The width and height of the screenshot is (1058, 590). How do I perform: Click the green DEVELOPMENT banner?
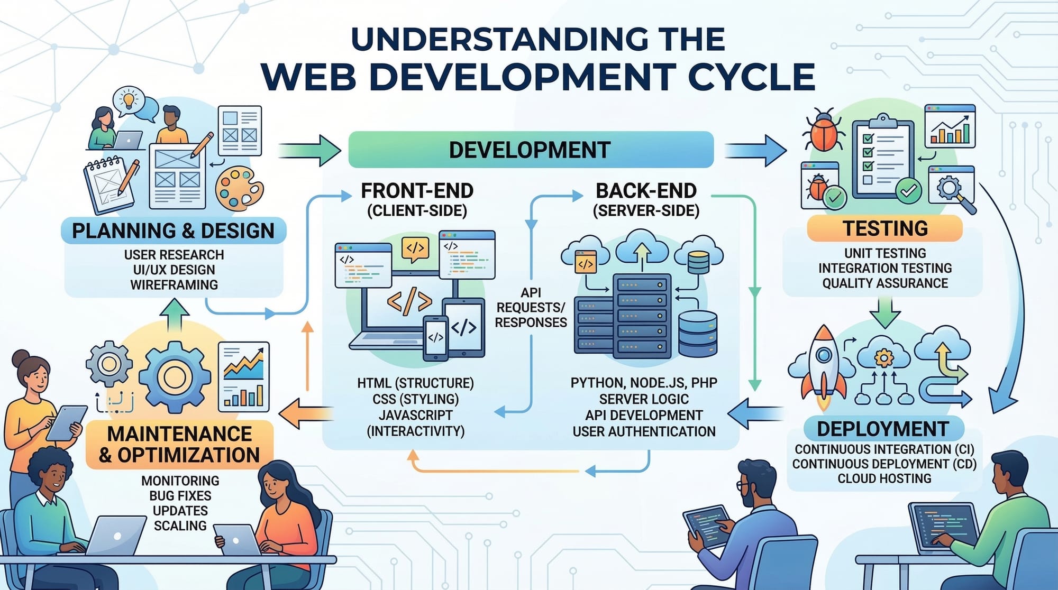(x=531, y=150)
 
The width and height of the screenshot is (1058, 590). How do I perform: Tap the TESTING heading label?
(x=884, y=228)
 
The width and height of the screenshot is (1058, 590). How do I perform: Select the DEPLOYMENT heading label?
(x=883, y=429)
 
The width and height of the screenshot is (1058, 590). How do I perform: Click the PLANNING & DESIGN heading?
(x=174, y=231)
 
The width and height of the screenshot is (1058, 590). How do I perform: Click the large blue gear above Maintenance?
(x=175, y=376)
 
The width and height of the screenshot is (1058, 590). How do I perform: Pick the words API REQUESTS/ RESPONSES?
(x=531, y=308)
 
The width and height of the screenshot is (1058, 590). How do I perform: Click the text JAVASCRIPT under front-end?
(x=416, y=415)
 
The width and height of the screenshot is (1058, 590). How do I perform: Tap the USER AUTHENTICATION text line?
(x=644, y=431)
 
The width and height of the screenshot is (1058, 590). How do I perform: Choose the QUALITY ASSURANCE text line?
(x=884, y=283)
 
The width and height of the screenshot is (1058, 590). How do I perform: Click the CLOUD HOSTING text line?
(x=884, y=478)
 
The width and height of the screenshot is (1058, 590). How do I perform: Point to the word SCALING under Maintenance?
(x=180, y=526)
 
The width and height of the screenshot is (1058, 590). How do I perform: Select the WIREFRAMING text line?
(x=174, y=285)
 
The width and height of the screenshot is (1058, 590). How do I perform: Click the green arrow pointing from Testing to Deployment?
(x=884, y=311)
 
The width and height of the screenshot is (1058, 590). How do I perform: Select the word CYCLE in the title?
(x=751, y=77)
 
